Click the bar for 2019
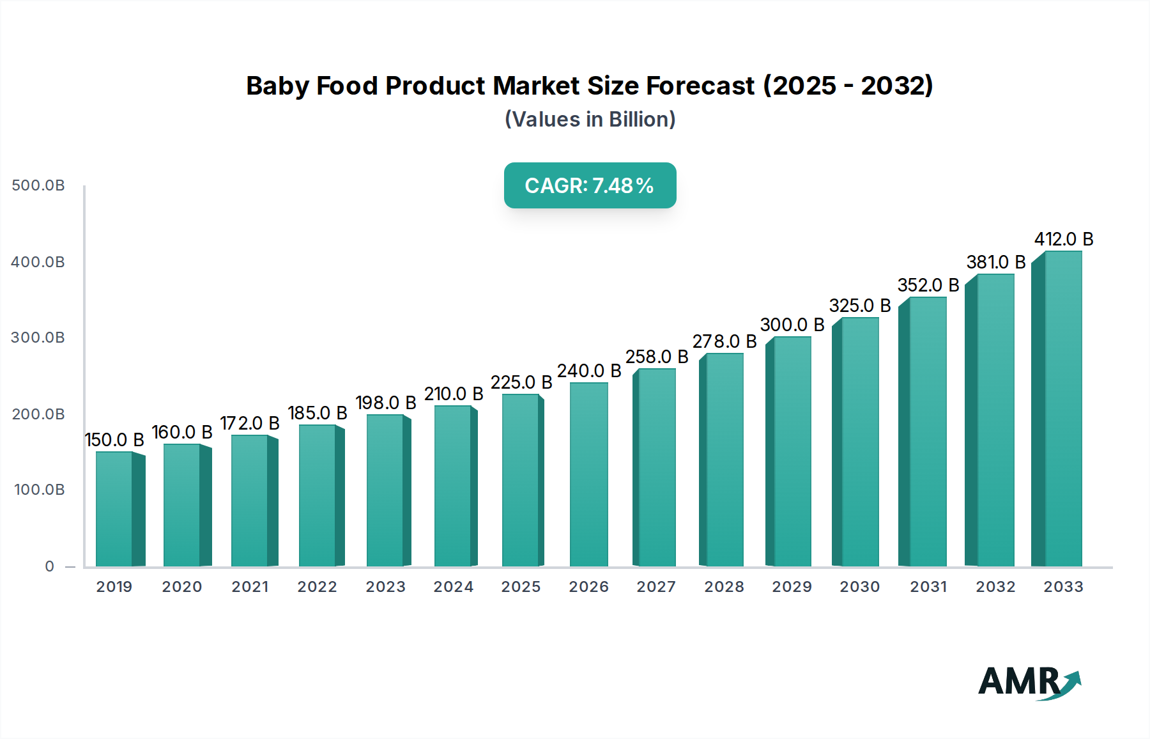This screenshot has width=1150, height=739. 115,509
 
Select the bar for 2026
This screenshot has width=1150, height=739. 588,474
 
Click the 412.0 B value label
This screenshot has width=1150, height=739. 1064,239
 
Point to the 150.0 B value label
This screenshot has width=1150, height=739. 114,440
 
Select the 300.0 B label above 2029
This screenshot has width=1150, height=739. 792,325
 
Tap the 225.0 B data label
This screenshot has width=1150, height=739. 521,382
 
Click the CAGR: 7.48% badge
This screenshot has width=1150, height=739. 590,185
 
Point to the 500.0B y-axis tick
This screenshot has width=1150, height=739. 38,185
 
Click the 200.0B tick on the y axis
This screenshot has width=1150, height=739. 38,414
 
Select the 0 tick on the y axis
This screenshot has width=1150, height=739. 50,566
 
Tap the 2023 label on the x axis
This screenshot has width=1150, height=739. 385,587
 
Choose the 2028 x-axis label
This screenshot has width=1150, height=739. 724,587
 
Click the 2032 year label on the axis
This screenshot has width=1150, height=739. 995,587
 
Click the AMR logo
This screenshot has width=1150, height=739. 1029,682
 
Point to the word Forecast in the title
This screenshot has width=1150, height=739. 700,86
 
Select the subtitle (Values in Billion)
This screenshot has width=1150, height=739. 590,120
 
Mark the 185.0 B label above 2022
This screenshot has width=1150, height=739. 318,413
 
